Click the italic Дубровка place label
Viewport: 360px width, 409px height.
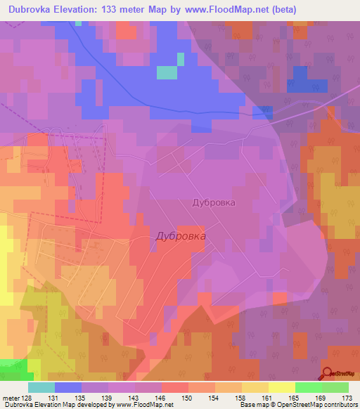pyautogui.click(x=181, y=237)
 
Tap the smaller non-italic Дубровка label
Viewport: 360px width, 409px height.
pyautogui.click(x=213, y=202)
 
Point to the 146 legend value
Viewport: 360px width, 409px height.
pyautogui.click(x=161, y=398)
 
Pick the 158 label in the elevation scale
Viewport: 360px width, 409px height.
pyautogui.click(x=241, y=398)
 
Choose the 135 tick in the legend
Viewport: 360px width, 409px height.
pyautogui.click(x=82, y=398)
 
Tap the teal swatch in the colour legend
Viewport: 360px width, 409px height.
pyautogui.click(x=41, y=387)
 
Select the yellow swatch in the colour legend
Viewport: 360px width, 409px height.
pyautogui.click(x=281, y=387)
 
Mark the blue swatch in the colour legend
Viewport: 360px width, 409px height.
pyautogui.click(x=67, y=387)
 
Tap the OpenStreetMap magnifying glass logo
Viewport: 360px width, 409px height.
pyautogui.click(x=328, y=374)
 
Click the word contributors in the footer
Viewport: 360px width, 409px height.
pyautogui.click(x=339, y=405)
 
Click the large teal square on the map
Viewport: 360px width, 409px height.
pyautogui.click(x=167, y=72)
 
